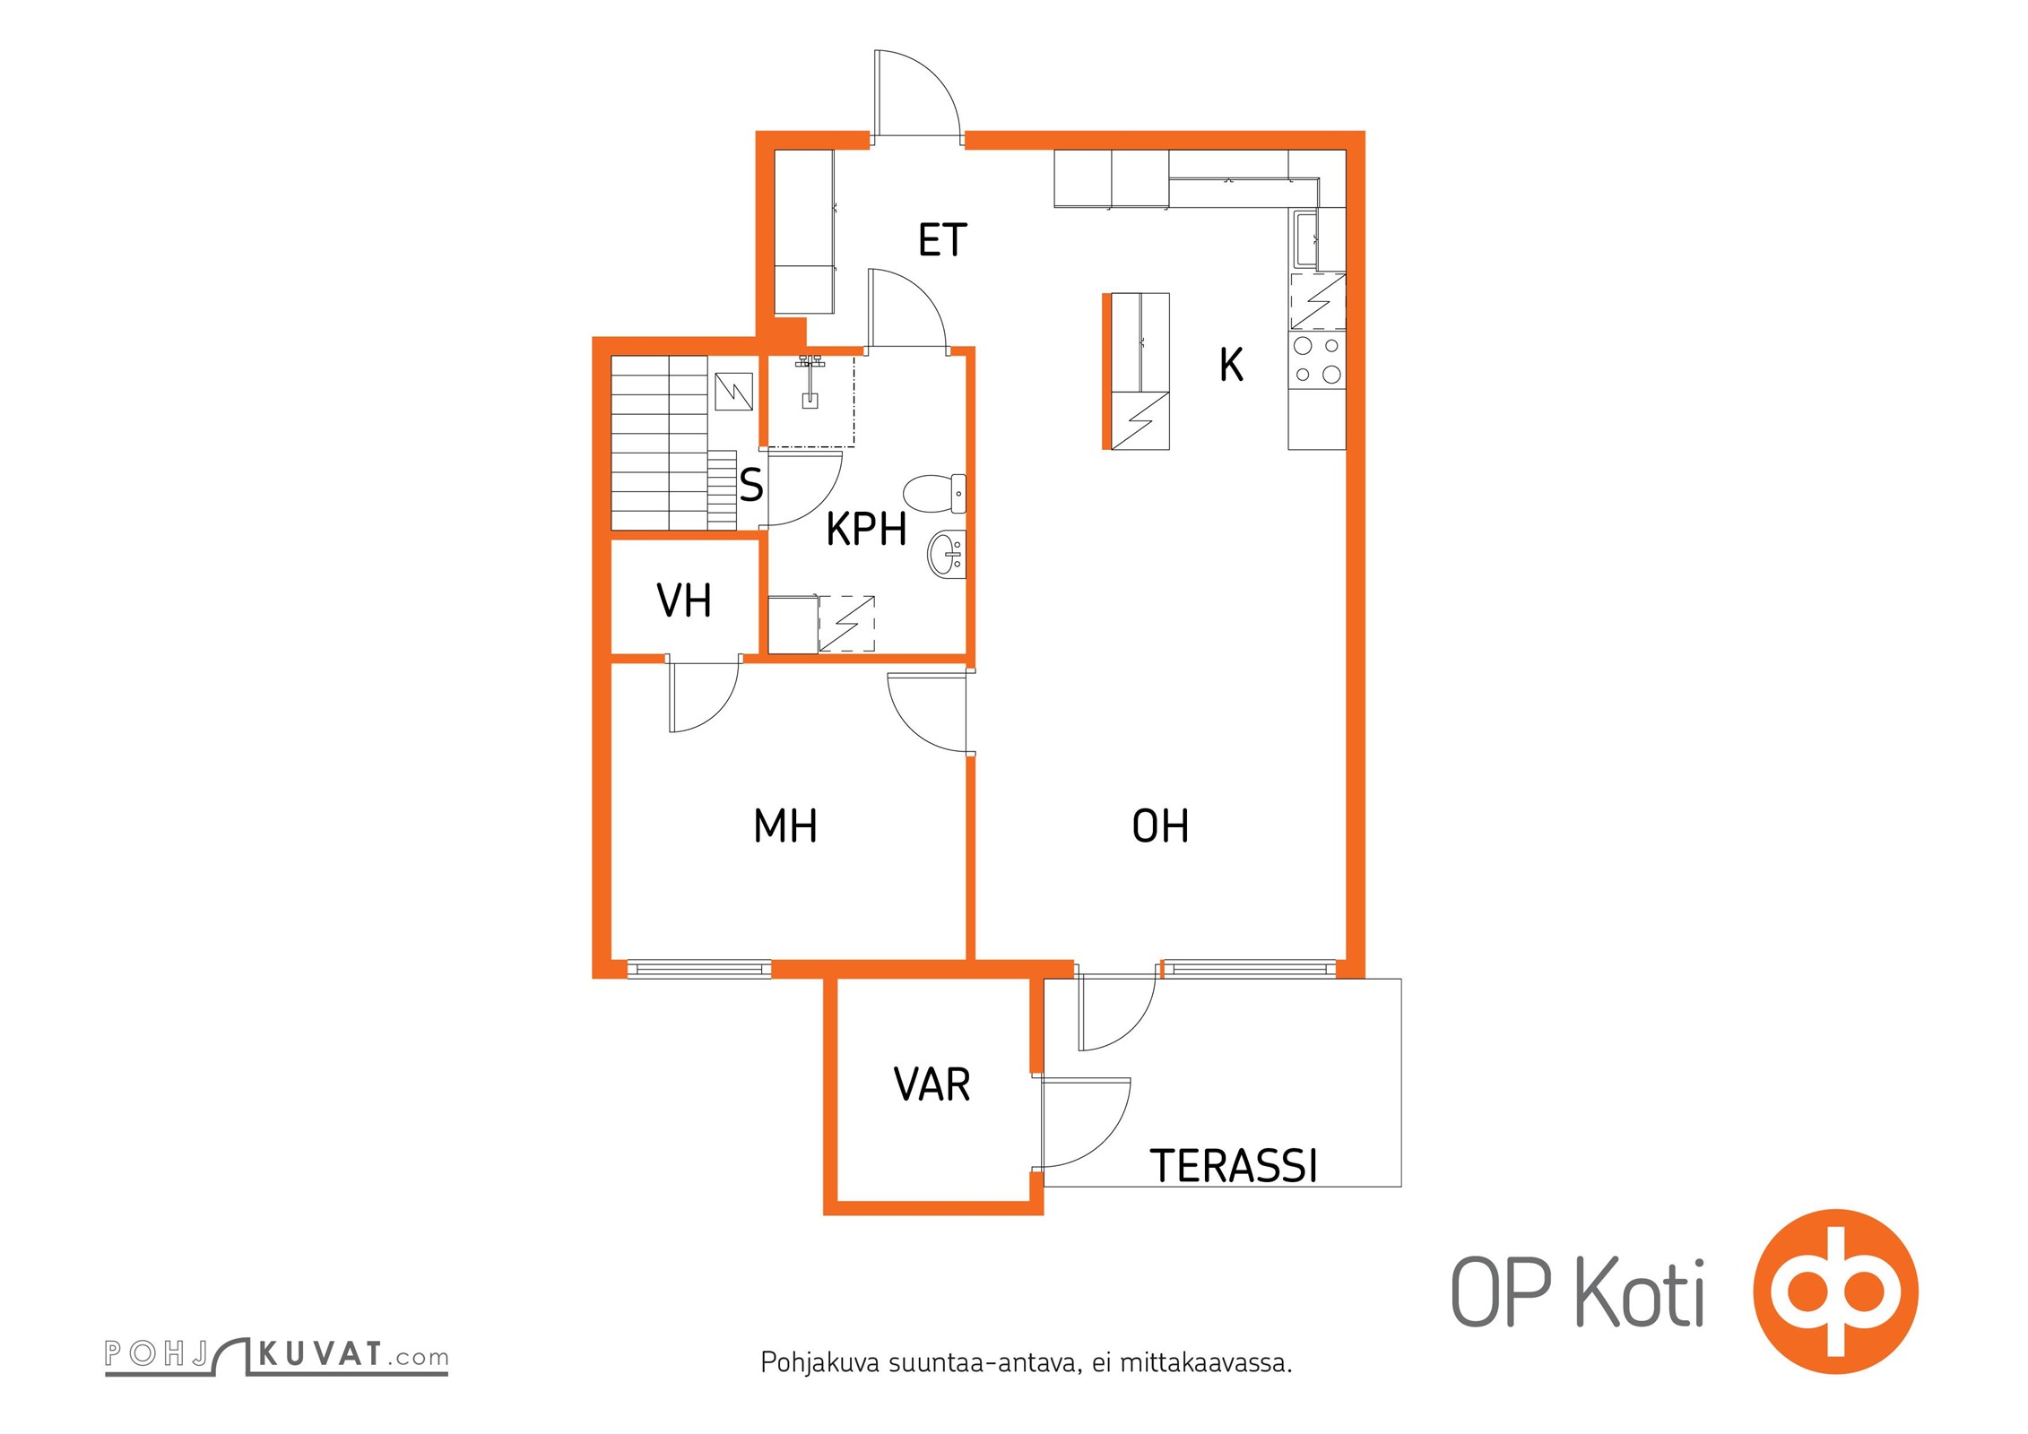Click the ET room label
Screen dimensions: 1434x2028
click(942, 240)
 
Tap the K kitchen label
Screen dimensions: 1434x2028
click(1231, 366)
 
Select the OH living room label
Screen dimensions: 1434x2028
click(1160, 826)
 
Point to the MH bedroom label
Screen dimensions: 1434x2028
click(785, 826)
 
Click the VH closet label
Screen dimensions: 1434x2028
click(684, 600)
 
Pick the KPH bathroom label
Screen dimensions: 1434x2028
click(866, 530)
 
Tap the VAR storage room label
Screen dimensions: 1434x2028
click(932, 1085)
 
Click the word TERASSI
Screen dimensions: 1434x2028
click(1234, 1167)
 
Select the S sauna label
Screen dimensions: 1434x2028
click(751, 486)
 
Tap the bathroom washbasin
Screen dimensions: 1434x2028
click(946, 553)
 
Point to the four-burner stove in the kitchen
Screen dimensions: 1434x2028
click(1317, 359)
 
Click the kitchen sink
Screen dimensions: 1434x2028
click(1305, 239)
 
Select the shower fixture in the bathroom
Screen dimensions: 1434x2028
click(810, 381)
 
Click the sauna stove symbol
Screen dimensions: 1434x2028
click(733, 392)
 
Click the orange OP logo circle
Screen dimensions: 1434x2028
click(1835, 1291)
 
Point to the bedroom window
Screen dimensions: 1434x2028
click(699, 969)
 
